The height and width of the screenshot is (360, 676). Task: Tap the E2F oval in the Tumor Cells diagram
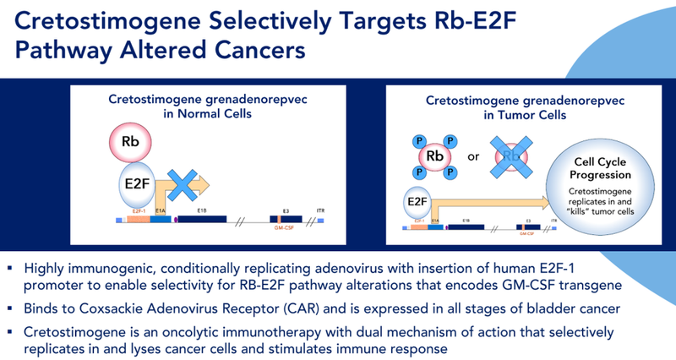point(416,202)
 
